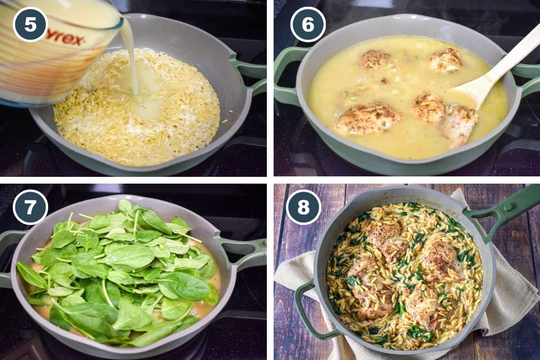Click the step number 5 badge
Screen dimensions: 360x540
[30, 24]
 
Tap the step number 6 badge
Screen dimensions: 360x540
[308, 24]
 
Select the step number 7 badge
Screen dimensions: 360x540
[30, 207]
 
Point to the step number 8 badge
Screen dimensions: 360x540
[304, 207]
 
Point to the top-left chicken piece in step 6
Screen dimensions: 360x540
[375, 58]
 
